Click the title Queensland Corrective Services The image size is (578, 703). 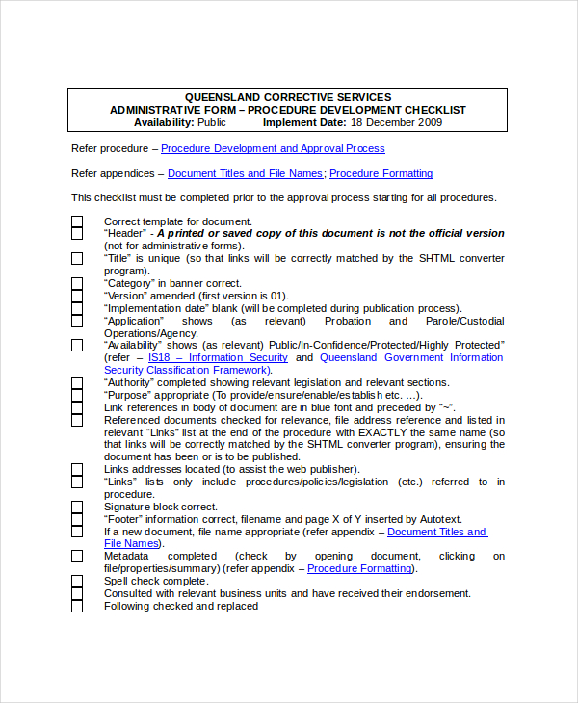pos(288,97)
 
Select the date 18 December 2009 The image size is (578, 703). pos(396,122)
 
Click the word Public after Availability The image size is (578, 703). pos(212,122)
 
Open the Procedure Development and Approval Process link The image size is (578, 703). pos(273,148)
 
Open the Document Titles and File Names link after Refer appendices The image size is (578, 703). pos(246,173)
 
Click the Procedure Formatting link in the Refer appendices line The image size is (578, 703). pos(381,173)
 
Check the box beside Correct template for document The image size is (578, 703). pos(77,221)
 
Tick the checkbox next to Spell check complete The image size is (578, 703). pos(77,582)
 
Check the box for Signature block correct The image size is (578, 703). pos(77,507)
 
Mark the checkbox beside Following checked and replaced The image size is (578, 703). pos(77,606)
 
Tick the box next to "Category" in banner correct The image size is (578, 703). pos(77,284)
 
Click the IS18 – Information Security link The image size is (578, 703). pos(218,357)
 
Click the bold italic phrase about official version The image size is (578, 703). pos(330,234)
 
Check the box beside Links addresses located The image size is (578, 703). pos(77,470)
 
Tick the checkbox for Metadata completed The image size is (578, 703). pos(77,557)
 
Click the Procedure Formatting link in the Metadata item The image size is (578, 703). pos(359,569)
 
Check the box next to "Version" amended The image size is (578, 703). pos(77,297)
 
